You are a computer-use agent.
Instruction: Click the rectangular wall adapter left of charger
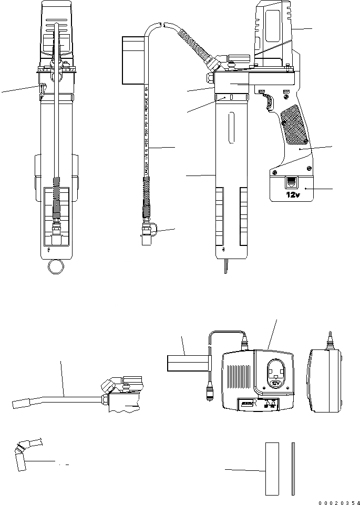(187, 364)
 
